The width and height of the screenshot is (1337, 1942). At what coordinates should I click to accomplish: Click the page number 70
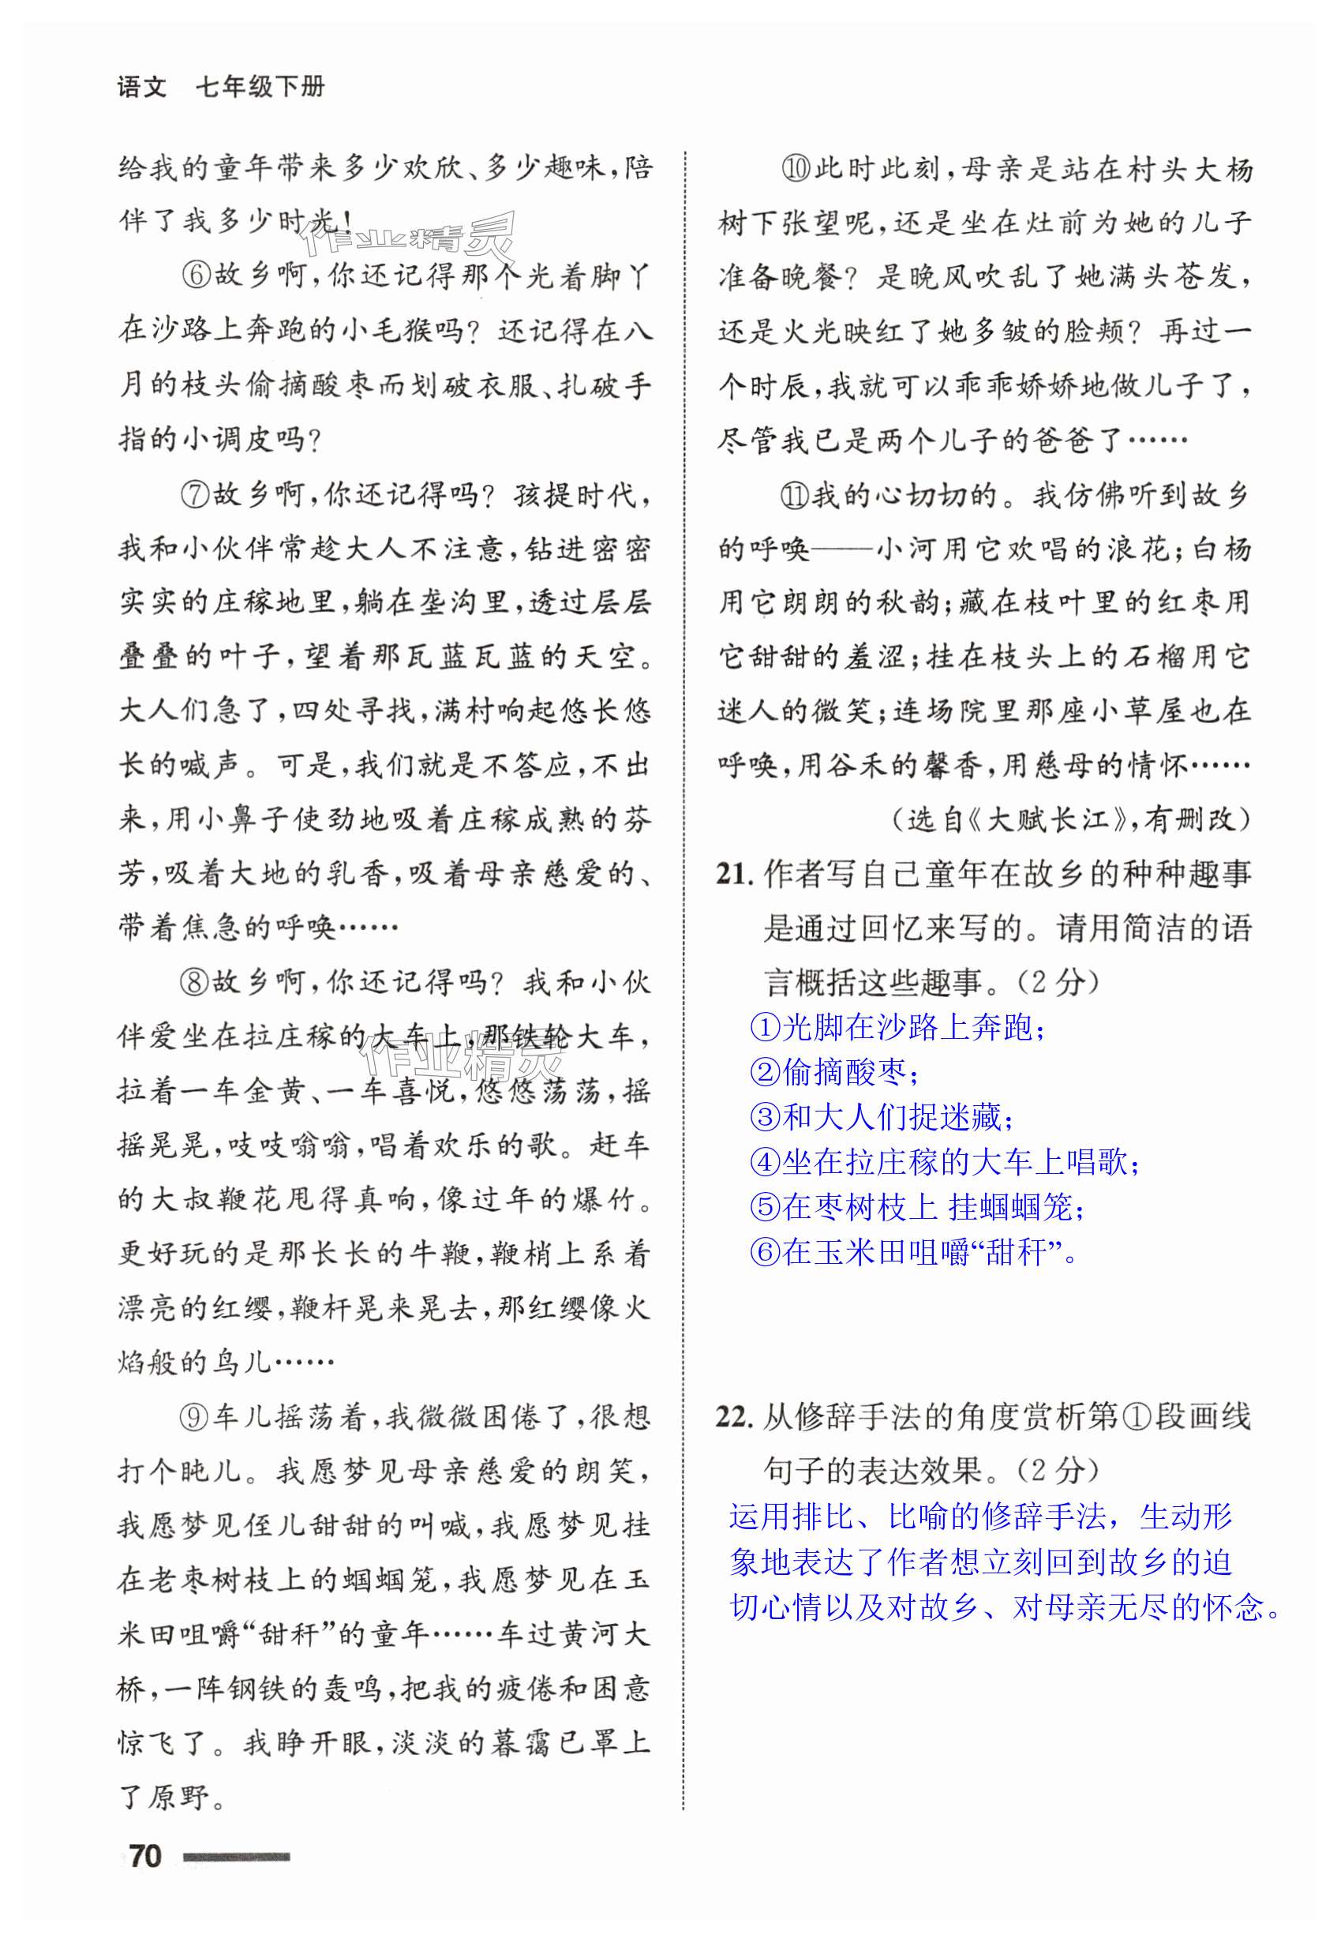pyautogui.click(x=146, y=1855)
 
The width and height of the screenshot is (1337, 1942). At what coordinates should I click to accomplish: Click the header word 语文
pyautogui.click(x=142, y=87)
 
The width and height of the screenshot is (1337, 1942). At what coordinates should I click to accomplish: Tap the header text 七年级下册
pyautogui.click(x=260, y=87)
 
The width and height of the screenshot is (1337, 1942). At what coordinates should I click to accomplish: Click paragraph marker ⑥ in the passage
pyautogui.click(x=195, y=276)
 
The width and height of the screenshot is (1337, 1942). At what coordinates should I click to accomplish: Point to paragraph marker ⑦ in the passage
pyautogui.click(x=195, y=494)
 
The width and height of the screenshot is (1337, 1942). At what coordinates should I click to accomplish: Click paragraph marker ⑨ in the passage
pyautogui.click(x=195, y=1417)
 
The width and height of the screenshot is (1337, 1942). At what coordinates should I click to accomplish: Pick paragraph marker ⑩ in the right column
pyautogui.click(x=795, y=169)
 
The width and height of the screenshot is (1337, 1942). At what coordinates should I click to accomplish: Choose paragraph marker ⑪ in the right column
pyautogui.click(x=795, y=496)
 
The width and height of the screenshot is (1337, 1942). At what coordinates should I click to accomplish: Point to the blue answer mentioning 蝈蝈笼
pyautogui.click(x=918, y=1207)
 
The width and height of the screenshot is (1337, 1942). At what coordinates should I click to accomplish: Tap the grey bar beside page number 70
pyautogui.click(x=236, y=1857)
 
